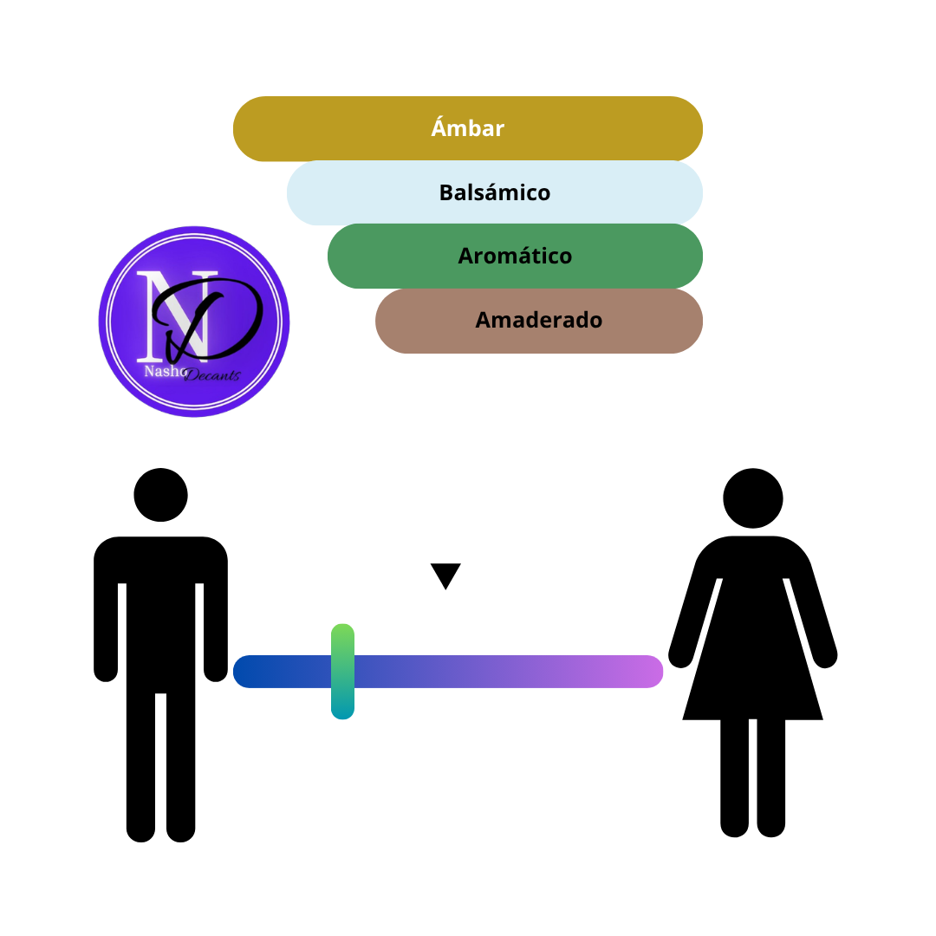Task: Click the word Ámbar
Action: pyautogui.click(x=467, y=127)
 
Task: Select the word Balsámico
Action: pyautogui.click(x=495, y=192)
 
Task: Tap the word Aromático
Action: pyautogui.click(x=515, y=256)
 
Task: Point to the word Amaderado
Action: pyautogui.click(x=538, y=320)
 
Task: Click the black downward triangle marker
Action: pyautogui.click(x=445, y=575)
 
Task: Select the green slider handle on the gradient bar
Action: pyautogui.click(x=342, y=672)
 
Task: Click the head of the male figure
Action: pyautogui.click(x=160, y=495)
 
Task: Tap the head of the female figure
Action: pyautogui.click(x=753, y=497)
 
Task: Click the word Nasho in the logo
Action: pyautogui.click(x=165, y=371)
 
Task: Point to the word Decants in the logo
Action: pyautogui.click(x=212, y=375)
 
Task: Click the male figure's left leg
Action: pyautogui.click(x=141, y=767)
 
